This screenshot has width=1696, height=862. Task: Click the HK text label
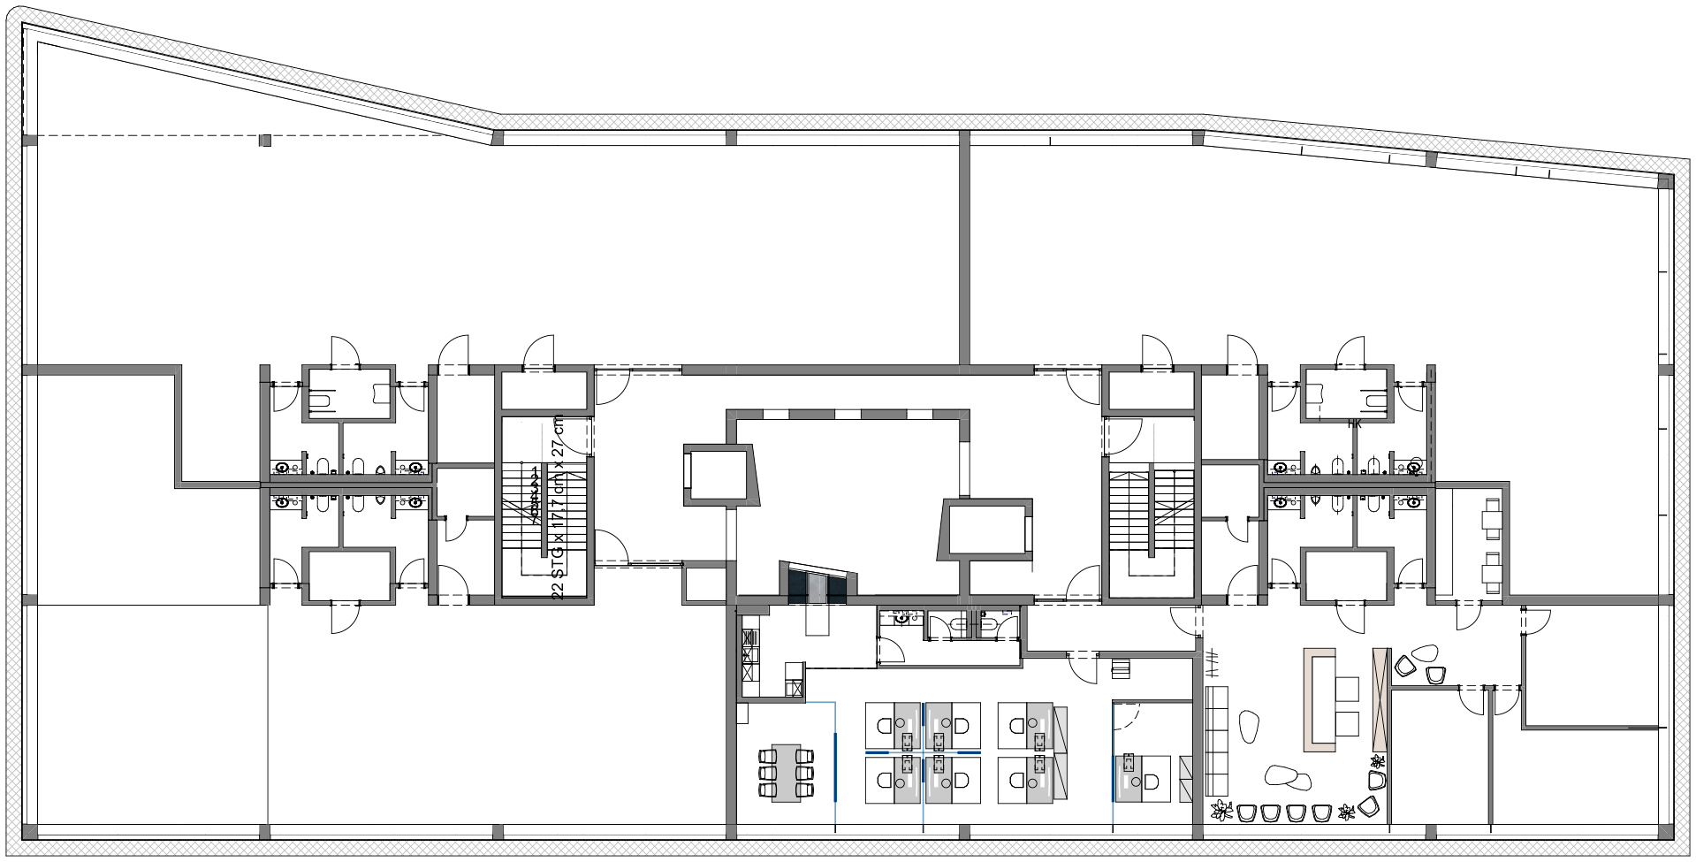coord(1354,424)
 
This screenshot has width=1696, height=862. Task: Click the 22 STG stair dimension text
coord(558,507)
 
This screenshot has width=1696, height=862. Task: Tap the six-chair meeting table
coord(786,772)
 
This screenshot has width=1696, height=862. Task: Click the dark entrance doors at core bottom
coord(817,587)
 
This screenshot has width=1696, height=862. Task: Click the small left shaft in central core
coord(719,476)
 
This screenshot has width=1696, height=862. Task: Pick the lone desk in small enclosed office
coord(1142,779)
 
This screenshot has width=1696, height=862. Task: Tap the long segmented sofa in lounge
coord(1217,741)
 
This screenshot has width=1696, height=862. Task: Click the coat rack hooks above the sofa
coord(1212,663)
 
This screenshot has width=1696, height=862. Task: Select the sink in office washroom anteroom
coord(901,617)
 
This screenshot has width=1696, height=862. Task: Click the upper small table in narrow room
coord(1492,518)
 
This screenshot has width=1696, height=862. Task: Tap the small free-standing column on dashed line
coord(265,140)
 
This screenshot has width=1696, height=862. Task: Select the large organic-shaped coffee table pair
coord(1288,777)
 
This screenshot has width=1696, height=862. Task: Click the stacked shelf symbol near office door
coord(1121,669)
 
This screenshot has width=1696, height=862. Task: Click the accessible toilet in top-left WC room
coord(321,400)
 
